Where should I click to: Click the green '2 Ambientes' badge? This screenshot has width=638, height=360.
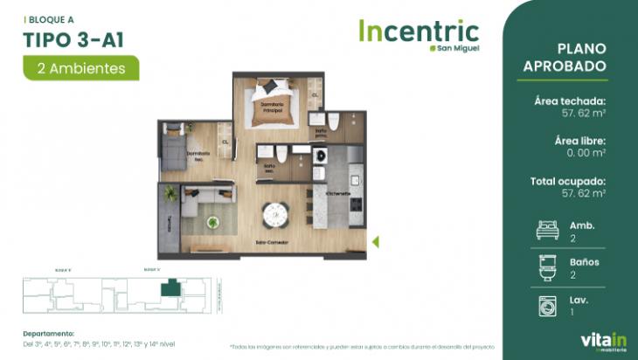(81, 67)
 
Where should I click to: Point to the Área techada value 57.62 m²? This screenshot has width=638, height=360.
(583, 113)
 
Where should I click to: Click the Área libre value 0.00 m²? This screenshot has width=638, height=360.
(586, 153)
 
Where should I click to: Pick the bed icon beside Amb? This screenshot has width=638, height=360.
(546, 230)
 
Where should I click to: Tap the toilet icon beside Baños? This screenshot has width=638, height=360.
(546, 267)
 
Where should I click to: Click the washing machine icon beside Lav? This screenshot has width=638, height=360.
(546, 305)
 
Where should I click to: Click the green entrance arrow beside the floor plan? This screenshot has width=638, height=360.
(375, 242)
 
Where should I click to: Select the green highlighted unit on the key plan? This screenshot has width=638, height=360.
(171, 287)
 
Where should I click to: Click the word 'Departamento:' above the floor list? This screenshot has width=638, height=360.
(49, 333)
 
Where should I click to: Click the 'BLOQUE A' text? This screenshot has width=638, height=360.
(51, 17)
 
